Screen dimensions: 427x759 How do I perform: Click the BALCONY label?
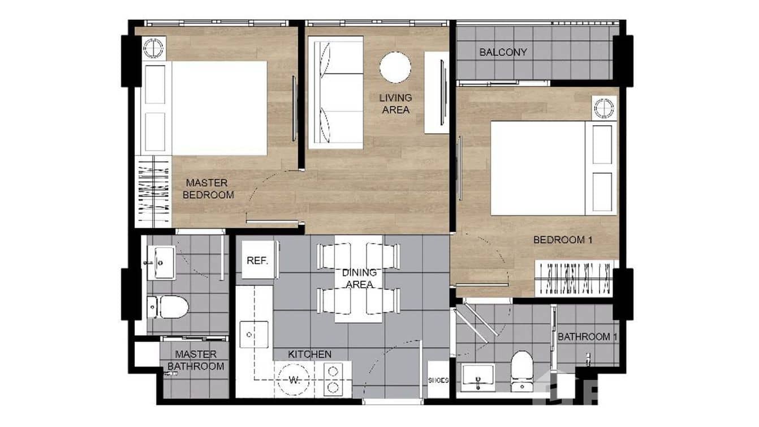503,52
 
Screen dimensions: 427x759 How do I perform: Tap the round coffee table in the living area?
395,67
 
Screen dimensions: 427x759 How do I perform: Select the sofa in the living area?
335,93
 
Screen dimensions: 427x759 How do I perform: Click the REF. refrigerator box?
258,261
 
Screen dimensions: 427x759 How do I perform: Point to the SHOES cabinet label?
438,381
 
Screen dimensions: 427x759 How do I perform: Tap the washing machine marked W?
294,379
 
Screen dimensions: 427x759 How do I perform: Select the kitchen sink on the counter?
253,334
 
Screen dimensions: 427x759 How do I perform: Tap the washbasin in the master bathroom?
161,262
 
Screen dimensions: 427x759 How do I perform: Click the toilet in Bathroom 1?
521,369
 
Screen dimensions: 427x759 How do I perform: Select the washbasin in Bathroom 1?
477,377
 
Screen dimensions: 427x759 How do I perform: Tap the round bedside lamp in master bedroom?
153,49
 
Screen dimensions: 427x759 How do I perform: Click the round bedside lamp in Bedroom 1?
603,108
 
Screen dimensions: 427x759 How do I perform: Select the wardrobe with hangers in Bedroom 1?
574,278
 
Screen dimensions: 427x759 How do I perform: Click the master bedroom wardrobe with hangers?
153,191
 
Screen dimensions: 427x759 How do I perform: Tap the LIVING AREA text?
395,104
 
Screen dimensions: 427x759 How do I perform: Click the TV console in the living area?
437,93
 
